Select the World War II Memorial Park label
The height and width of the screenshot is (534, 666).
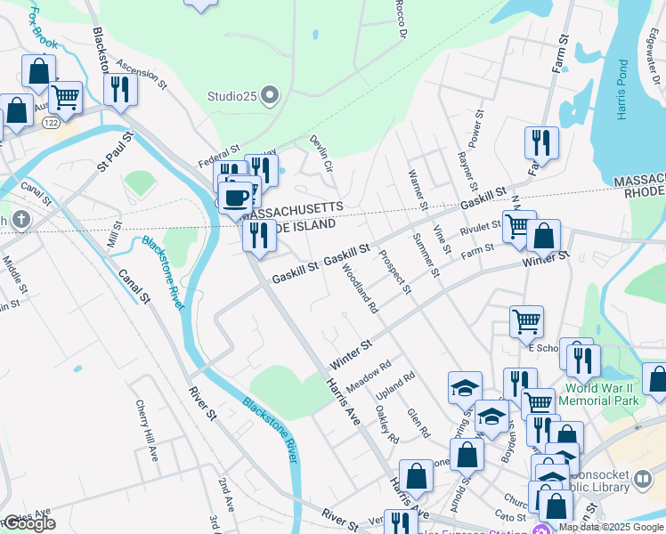pos(602,394)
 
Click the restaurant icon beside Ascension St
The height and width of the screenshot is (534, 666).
pos(119,90)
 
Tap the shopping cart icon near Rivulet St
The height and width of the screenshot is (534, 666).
pos(517,226)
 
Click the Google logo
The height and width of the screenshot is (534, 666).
pos(29,523)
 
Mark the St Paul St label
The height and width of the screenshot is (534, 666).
pos(116,152)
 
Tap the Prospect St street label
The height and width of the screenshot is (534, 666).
pos(394,271)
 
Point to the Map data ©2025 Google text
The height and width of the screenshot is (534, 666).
pos(611,527)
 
